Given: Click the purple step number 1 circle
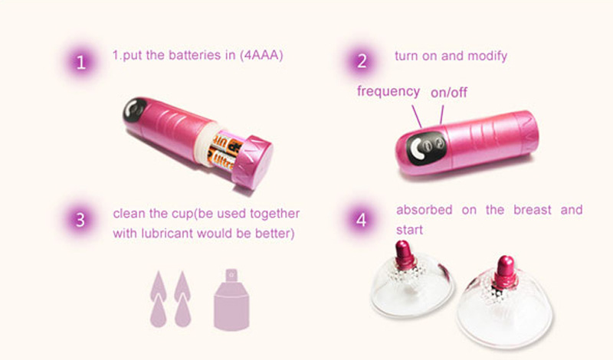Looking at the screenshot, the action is tap(81, 63).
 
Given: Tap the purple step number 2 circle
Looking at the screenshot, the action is tap(362, 61).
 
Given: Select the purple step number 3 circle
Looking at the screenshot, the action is tap(80, 220).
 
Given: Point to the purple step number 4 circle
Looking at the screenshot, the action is tap(362, 220).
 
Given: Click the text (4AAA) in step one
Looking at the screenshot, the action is tap(261, 55).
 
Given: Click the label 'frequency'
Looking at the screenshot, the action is tap(388, 91).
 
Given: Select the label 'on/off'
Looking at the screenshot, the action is tap(449, 93).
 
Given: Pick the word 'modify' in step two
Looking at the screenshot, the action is tap(487, 56).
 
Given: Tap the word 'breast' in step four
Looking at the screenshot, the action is tap(533, 210).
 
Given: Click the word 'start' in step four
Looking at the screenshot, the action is tap(409, 230).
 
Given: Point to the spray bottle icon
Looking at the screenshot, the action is tap(231, 299).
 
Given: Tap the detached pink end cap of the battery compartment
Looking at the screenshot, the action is tap(252, 162).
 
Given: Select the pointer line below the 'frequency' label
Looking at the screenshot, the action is tap(417, 116).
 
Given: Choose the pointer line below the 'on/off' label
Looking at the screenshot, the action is tap(442, 115).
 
